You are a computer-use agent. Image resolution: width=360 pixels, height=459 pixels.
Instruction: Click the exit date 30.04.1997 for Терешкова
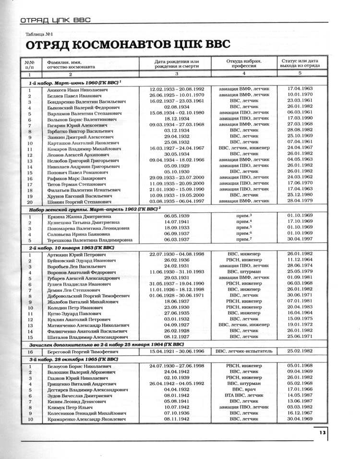[300, 239]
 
